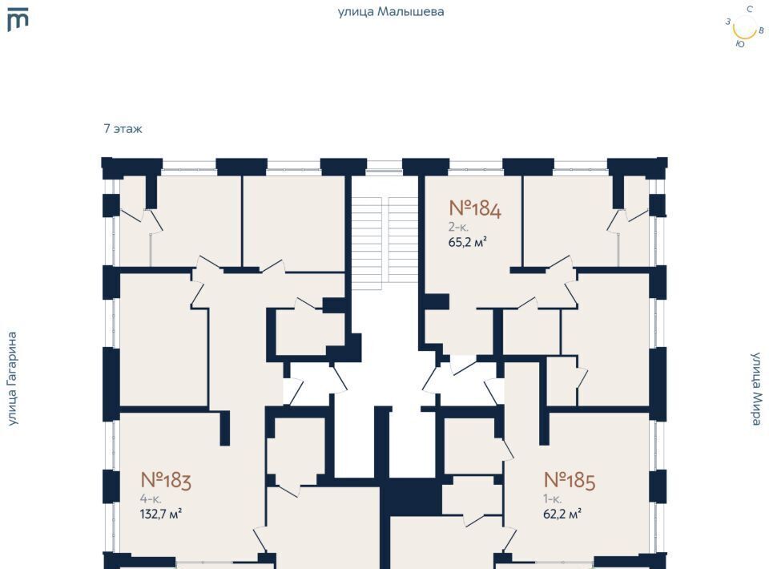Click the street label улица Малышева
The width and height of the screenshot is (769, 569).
click(391, 12)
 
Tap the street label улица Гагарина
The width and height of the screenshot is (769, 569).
click(12, 379)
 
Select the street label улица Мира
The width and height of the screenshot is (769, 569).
click(756, 389)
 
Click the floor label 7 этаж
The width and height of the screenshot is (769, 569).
click(123, 128)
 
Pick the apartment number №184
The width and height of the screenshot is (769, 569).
click(475, 208)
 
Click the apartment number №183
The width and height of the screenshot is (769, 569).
click(166, 481)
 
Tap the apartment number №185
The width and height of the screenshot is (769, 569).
click(570, 481)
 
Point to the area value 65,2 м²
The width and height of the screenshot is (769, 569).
click(467, 242)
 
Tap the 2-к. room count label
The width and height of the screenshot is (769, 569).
click(458, 227)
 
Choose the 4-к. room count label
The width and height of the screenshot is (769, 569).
click(151, 498)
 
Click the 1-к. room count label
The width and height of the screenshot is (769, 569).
click(552, 498)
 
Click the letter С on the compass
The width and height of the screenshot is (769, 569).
click(750, 10)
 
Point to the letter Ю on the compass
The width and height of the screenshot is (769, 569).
click(740, 44)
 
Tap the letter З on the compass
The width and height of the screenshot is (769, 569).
click(728, 22)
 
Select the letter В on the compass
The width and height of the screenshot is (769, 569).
click(761, 30)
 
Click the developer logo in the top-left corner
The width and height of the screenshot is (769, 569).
click(18, 19)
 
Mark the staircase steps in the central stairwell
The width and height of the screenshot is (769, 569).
click(385, 240)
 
